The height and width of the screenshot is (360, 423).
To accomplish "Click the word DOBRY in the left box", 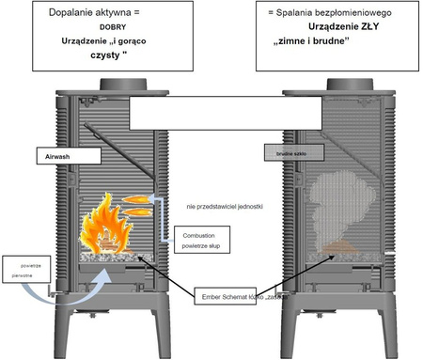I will pos(105,28).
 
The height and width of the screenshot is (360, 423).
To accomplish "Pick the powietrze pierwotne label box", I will pos(29,270).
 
